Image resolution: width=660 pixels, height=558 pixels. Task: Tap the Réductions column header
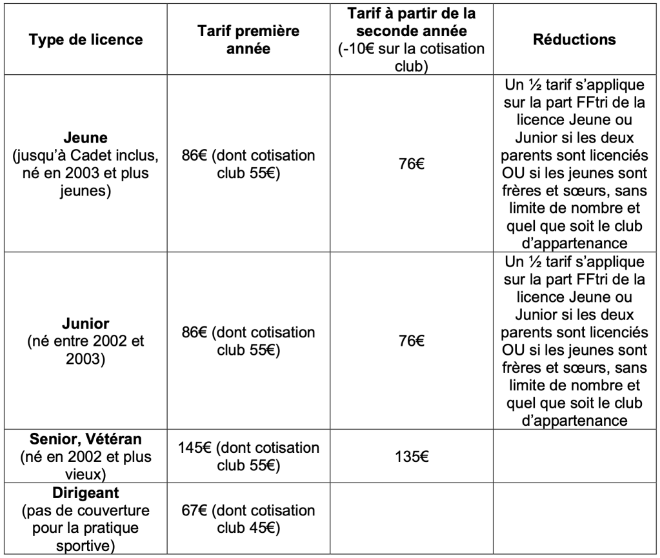pyautogui.click(x=574, y=40)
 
